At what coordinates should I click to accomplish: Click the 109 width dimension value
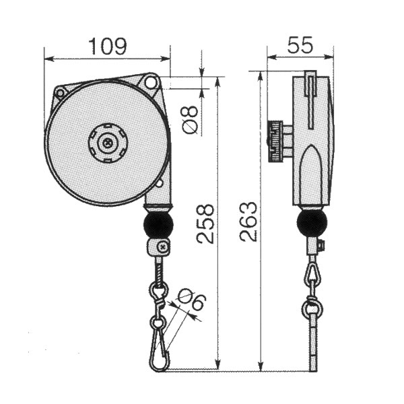(x=107, y=46)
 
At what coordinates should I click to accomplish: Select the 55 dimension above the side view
(x=300, y=46)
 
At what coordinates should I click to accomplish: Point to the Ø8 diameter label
(x=191, y=119)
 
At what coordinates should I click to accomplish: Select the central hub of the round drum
(x=107, y=143)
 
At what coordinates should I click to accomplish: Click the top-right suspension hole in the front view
(x=151, y=83)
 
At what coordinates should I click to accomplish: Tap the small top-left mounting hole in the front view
(x=61, y=92)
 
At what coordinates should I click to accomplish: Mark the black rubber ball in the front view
(x=159, y=225)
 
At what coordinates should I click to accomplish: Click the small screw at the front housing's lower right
(x=160, y=184)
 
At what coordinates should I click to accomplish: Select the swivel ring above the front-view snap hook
(x=158, y=291)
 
